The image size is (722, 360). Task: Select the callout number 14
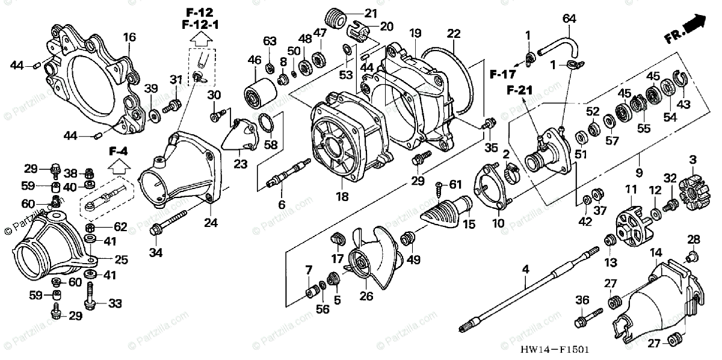click(x=655, y=252)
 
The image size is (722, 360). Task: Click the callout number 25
click(x=121, y=259)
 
